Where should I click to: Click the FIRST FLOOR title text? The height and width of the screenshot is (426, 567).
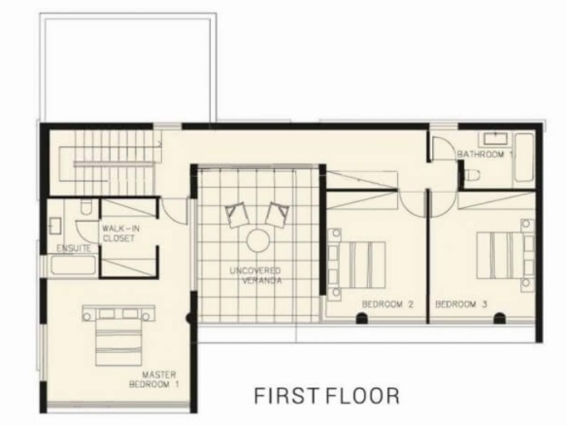click(x=327, y=396)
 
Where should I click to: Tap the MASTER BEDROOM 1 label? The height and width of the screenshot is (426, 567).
click(x=154, y=379)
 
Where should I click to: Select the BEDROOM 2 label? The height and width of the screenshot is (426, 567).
click(x=387, y=304)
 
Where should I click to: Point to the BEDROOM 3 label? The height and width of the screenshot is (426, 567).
click(x=461, y=304)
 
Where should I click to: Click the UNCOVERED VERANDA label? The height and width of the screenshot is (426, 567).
click(x=256, y=275)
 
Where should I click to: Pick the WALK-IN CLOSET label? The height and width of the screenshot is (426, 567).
click(x=119, y=233)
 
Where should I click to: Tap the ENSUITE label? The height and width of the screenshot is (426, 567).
click(x=74, y=249)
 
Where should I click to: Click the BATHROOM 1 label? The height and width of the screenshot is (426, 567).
click(x=484, y=155)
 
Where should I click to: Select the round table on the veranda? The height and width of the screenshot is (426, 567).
click(x=258, y=240)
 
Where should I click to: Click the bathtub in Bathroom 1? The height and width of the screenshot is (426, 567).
click(x=524, y=158)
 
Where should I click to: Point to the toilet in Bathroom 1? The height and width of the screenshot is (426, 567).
click(x=472, y=176)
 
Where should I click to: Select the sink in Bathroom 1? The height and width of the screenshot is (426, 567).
click(x=494, y=139)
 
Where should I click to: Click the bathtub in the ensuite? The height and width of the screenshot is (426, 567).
click(x=73, y=266)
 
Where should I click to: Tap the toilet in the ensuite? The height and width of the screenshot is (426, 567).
click(x=86, y=207)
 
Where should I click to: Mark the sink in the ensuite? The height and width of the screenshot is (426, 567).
click(x=55, y=226)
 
